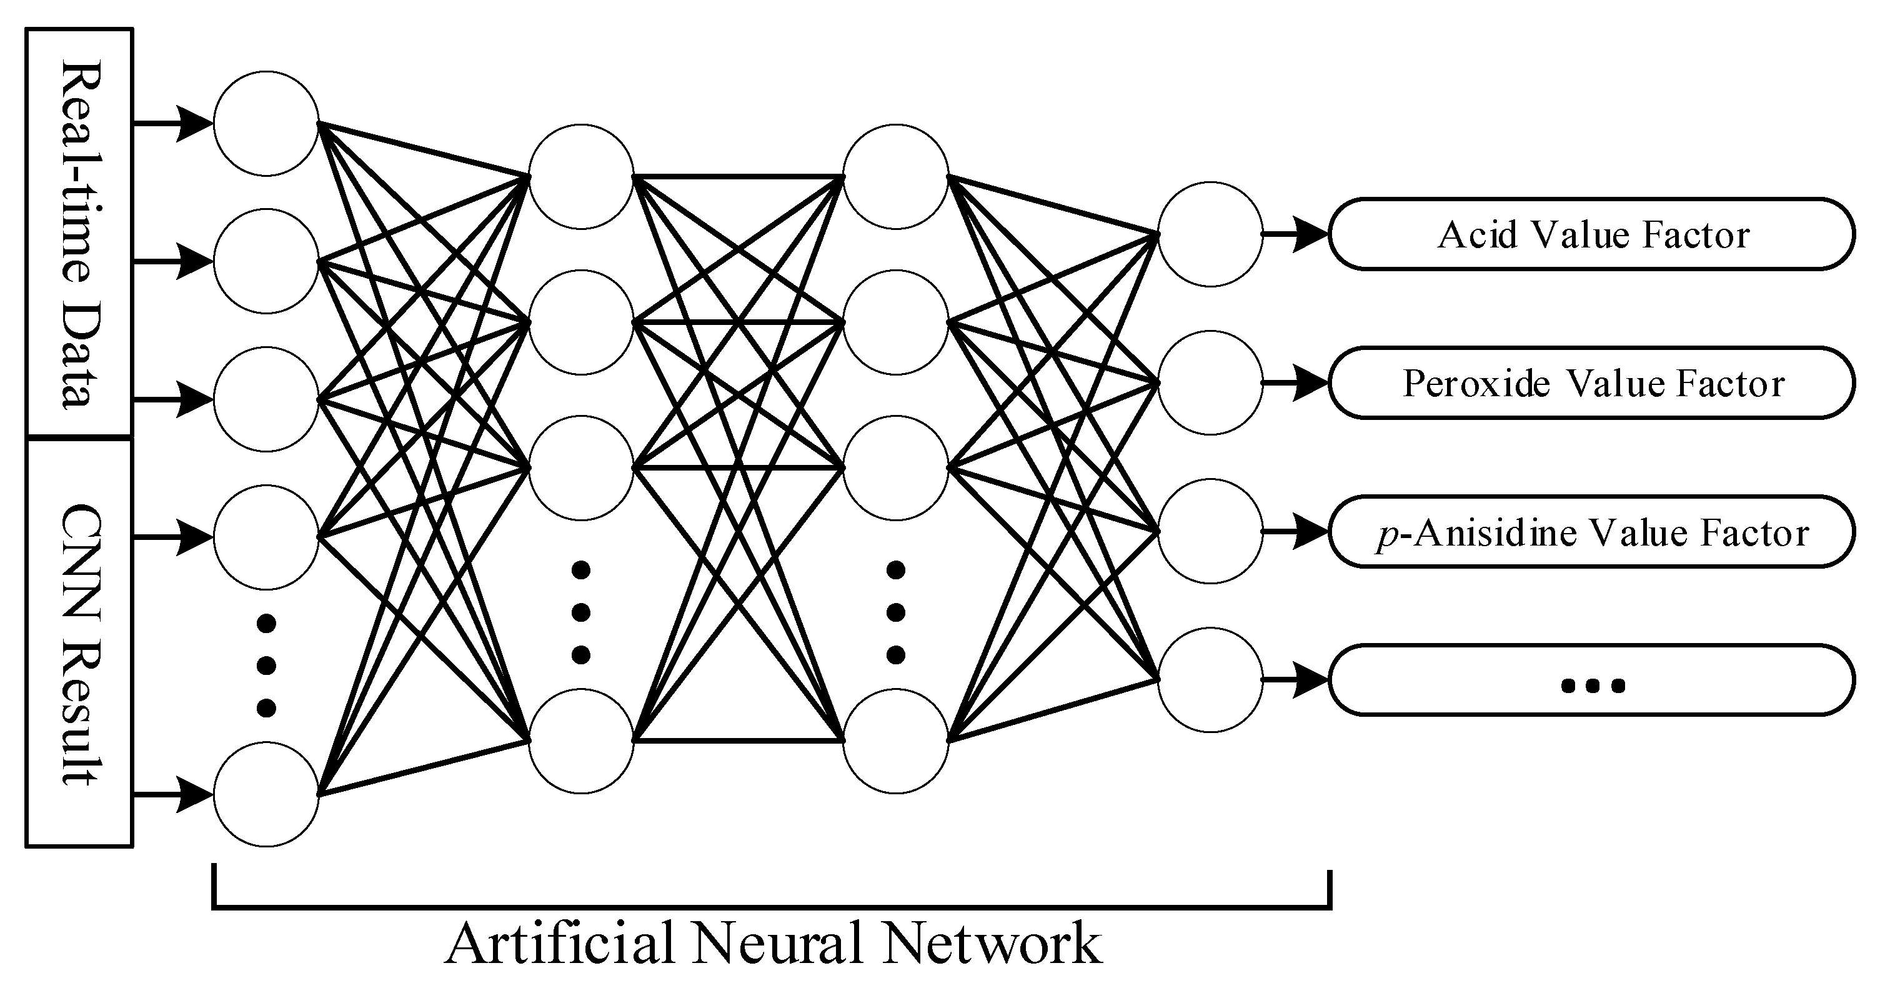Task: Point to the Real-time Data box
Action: point(79,234)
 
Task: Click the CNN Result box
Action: point(79,643)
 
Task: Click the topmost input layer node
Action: point(266,123)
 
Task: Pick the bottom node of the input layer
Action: point(266,794)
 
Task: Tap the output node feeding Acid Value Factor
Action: point(1210,234)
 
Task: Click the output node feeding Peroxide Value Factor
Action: point(1210,382)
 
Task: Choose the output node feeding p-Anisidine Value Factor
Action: point(1210,531)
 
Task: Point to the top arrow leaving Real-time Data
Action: point(172,123)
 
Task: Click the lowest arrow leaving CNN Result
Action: point(172,794)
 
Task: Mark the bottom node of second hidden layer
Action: point(895,741)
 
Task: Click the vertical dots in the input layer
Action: point(266,665)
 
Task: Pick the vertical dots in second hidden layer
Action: point(895,612)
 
